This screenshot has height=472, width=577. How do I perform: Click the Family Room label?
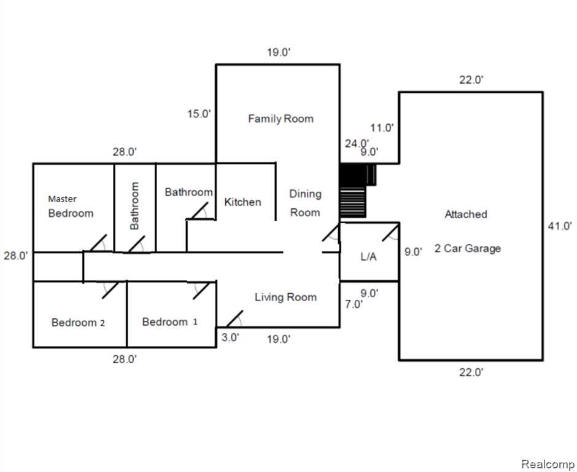(x=281, y=119)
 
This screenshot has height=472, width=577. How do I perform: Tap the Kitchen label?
(x=242, y=202)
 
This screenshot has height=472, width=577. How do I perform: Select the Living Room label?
(x=285, y=297)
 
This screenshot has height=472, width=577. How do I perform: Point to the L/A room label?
(x=368, y=256)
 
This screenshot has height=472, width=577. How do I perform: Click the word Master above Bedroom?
(x=62, y=199)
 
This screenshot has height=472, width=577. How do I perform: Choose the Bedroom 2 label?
(x=78, y=323)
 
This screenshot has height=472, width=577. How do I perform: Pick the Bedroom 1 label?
(x=169, y=322)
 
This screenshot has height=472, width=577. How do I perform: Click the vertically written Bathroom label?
(x=134, y=206)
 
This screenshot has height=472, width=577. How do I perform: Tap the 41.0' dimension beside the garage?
(x=560, y=226)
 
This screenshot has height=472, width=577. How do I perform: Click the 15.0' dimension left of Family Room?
(x=199, y=114)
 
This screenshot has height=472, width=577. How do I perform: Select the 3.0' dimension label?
(x=230, y=337)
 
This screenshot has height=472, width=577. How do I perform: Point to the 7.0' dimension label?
(x=354, y=304)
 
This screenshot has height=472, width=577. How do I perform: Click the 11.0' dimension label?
(x=382, y=128)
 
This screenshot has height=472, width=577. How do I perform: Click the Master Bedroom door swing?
(x=98, y=243)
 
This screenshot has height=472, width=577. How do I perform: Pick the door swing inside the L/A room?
(x=391, y=233)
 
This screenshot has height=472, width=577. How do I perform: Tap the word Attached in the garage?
(x=466, y=214)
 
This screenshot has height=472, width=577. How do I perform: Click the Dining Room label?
(x=305, y=203)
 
